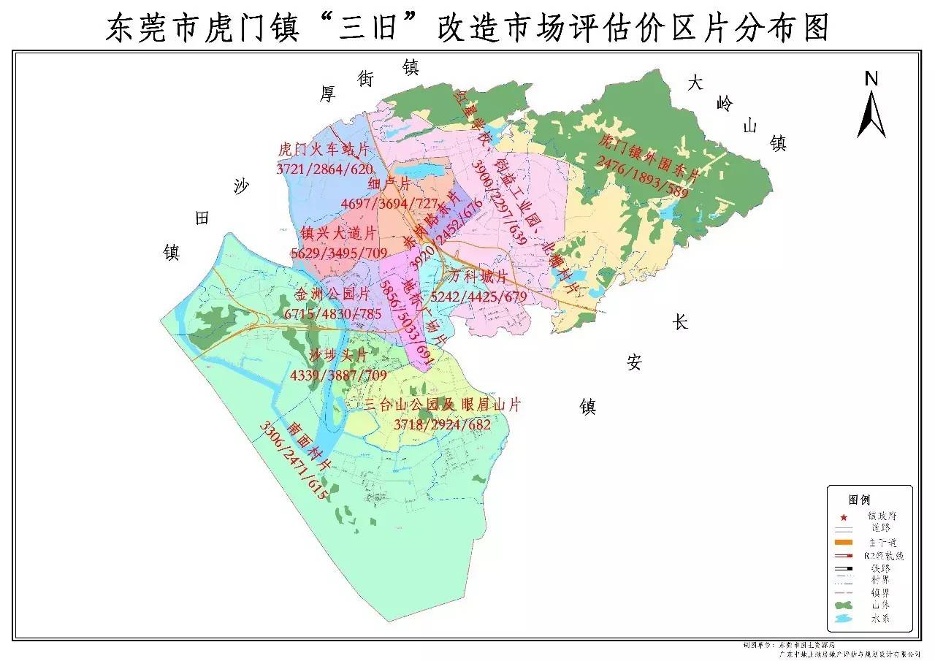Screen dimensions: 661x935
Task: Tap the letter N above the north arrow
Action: click(x=871, y=79)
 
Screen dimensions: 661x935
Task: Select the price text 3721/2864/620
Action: click(x=324, y=168)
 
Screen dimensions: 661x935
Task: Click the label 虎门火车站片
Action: click(x=324, y=150)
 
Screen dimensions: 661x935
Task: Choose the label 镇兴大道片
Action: click(x=338, y=234)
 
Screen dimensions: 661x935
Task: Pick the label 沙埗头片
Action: click(x=338, y=356)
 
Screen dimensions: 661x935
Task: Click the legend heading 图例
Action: click(x=860, y=500)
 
